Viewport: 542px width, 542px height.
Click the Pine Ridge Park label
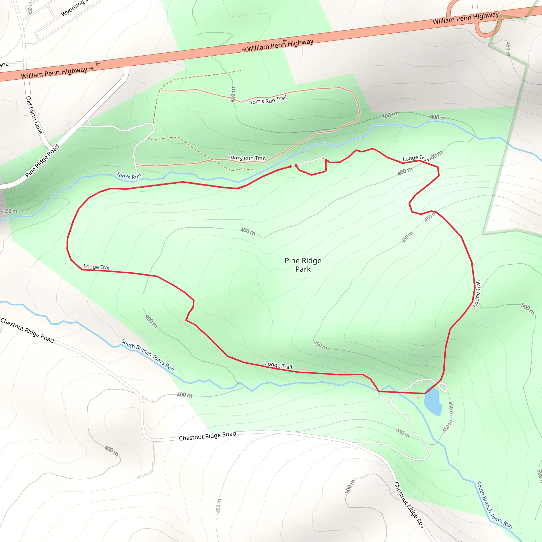click(303, 265)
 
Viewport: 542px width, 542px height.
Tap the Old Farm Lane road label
click(34, 115)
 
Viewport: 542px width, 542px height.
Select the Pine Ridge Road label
click(42, 161)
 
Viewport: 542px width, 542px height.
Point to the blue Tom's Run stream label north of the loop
click(129, 176)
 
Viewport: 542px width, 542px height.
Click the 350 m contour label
click(10, 211)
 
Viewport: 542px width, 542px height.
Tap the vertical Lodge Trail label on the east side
click(477, 294)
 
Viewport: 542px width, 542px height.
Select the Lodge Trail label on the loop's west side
click(97, 267)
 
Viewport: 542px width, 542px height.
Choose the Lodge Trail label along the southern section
click(279, 365)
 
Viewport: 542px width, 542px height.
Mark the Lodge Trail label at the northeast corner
click(416, 159)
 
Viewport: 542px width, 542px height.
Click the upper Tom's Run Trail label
click(268, 100)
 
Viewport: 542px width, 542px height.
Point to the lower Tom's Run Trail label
click(247, 158)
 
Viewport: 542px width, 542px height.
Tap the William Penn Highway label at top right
click(466, 18)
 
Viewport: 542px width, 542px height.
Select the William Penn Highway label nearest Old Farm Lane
click(54, 73)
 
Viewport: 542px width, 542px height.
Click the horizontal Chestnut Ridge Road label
click(207, 436)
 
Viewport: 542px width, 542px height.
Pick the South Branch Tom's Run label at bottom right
click(494, 505)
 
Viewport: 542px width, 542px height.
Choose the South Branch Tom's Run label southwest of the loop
click(148, 355)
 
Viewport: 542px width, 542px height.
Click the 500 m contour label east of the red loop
click(527, 309)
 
